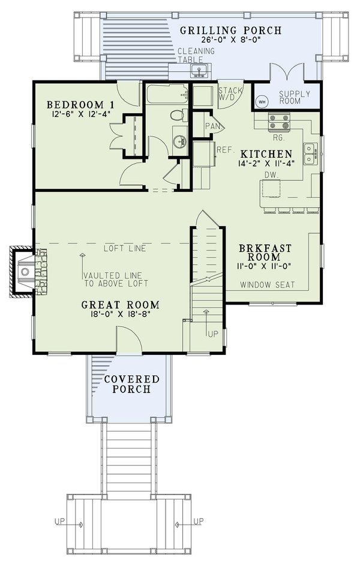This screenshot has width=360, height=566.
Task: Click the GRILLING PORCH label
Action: [x=230, y=30]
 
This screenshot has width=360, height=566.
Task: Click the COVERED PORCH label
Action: [x=131, y=384]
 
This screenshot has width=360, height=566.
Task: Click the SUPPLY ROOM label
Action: [x=295, y=98]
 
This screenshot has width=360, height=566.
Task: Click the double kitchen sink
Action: [x=310, y=153]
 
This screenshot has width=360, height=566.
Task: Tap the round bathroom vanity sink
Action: [x=178, y=141]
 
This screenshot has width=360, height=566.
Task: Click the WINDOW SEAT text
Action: [x=268, y=285]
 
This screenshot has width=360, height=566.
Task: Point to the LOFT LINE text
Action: [x=124, y=248]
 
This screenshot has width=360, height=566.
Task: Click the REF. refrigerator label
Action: [x=224, y=149]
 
